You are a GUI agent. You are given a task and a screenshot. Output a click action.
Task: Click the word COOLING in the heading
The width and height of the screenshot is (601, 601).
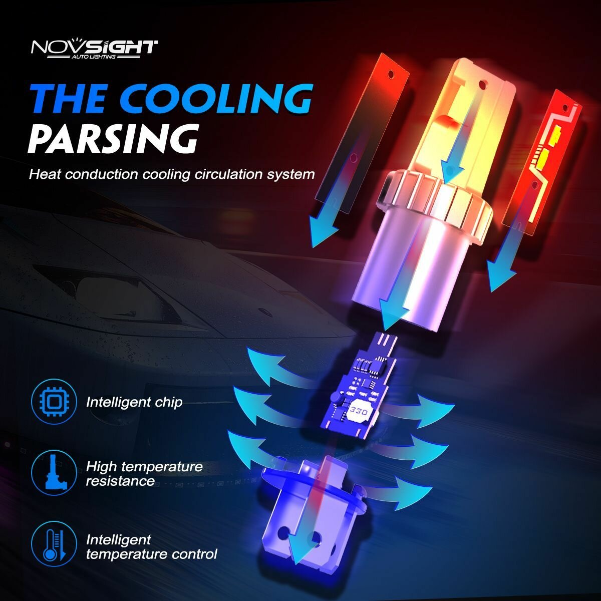[x=218, y=99]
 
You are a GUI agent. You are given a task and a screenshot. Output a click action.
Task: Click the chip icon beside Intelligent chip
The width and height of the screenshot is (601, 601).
[x=54, y=402]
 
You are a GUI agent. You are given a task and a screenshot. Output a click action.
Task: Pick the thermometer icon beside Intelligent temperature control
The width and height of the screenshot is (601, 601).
[x=54, y=546]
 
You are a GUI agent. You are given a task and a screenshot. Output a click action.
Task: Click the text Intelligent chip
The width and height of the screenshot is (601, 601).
[x=134, y=402]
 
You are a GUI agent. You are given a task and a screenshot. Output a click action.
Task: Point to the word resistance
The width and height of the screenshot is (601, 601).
[x=120, y=481]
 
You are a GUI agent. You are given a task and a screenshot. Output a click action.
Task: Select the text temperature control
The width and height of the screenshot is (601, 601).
[x=152, y=554]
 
